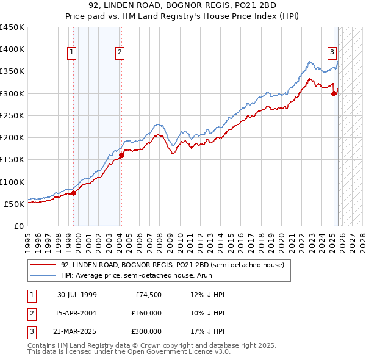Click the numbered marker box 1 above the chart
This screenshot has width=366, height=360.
pos(72,53)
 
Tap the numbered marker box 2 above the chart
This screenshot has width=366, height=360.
pos(120,53)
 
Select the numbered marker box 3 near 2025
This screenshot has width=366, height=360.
pos(332,53)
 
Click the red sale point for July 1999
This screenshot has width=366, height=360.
pos(74,193)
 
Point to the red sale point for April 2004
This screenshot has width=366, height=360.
pos(121,155)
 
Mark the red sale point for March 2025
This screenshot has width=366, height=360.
pos(334,93)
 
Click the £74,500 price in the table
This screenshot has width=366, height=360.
pos(146,295)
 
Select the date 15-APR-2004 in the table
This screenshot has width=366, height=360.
pos(77,313)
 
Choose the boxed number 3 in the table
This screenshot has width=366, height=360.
pos(30,331)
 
